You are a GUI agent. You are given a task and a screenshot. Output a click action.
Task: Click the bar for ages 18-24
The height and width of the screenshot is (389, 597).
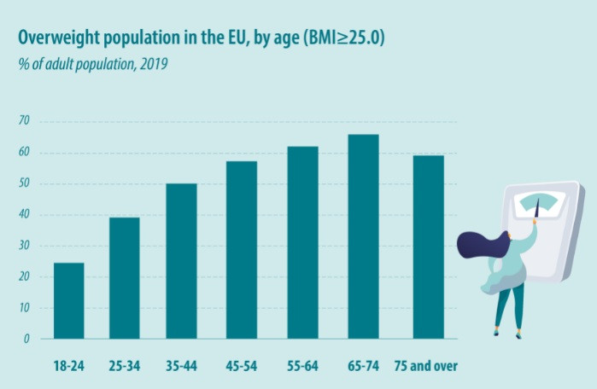pos(68,300)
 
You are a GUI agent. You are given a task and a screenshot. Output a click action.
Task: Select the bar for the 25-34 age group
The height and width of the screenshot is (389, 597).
pos(124,278)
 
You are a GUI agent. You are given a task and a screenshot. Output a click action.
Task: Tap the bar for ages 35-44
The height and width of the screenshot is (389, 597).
pos(181,261)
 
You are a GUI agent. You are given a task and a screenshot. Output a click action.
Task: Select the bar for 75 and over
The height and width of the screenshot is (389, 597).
pos(428,247)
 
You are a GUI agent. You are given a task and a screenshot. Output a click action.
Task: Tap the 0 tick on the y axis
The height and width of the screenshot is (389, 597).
pos(26,339)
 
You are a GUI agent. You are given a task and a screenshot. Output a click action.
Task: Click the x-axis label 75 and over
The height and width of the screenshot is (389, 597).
pos(426,367)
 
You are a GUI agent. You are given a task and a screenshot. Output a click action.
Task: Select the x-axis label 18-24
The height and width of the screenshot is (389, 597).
pos(68,367)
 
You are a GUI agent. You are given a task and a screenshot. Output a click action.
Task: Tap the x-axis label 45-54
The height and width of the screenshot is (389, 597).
pos(242,367)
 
